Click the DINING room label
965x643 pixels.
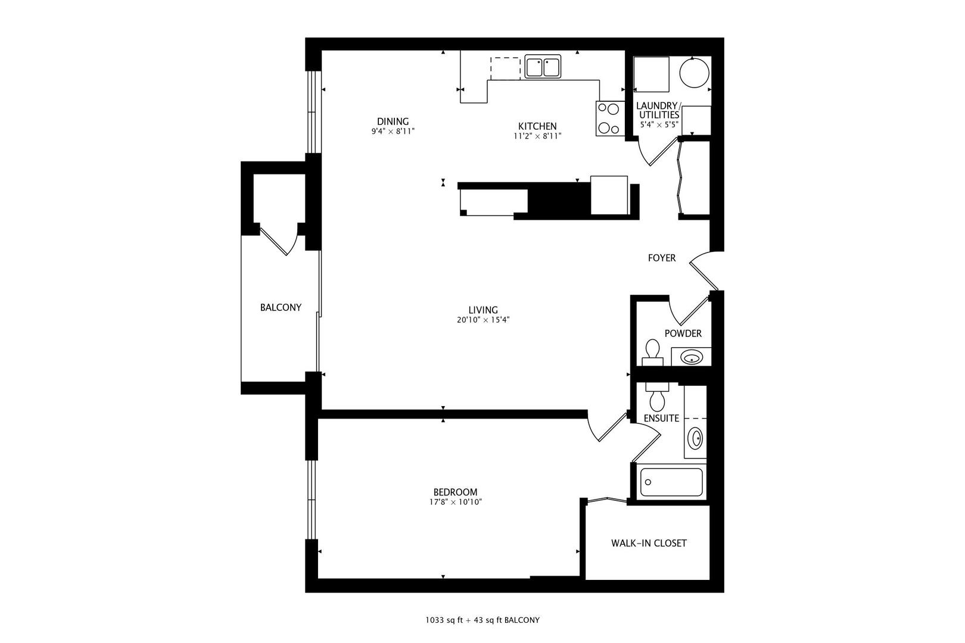click(393, 121)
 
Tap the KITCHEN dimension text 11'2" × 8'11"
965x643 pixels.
click(537, 136)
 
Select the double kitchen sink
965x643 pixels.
click(543, 67)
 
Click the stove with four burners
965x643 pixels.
click(608, 118)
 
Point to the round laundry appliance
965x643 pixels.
click(694, 73)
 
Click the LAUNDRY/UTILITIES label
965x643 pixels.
click(658, 110)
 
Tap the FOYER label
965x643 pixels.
click(662, 258)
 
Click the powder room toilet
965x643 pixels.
click(653, 351)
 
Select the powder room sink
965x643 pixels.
click(691, 358)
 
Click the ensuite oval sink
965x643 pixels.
click(695, 439)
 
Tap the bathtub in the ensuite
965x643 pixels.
click(671, 482)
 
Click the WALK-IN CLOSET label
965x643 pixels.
click(649, 543)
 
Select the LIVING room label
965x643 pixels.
click(482, 310)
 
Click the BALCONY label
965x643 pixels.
click(281, 307)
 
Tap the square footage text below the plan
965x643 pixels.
click(482, 620)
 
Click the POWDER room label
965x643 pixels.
click(683, 333)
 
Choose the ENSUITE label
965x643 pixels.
click(661, 418)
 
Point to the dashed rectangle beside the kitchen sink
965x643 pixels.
click(505, 68)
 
